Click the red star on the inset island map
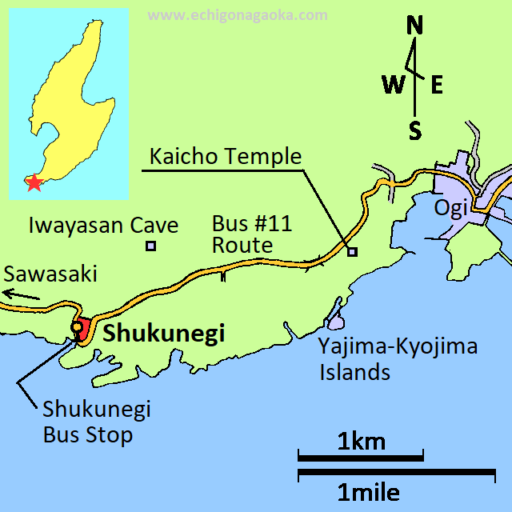coord(34,182)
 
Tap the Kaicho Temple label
coord(223,156)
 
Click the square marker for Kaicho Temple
coord(352,252)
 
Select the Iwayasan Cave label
coord(103,225)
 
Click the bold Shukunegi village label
coord(164,334)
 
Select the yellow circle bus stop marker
coord(77,327)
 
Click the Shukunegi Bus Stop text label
coord(96,422)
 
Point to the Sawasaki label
coord(50,274)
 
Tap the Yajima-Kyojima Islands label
coord(398,359)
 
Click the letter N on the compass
coord(414,26)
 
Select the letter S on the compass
coord(414,130)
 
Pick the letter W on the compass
coord(394,84)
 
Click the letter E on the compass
coord(437,85)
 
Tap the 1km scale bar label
coord(361,441)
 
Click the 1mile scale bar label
coord(368,492)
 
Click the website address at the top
coord(238,15)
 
